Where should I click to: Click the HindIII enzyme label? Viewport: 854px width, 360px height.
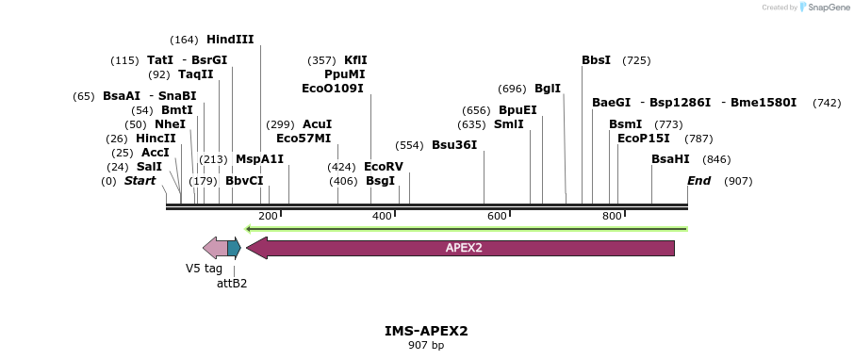click(230, 40)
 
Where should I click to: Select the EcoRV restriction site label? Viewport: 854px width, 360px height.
click(384, 167)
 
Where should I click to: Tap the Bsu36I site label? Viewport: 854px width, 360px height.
click(454, 145)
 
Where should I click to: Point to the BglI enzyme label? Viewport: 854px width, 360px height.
click(548, 89)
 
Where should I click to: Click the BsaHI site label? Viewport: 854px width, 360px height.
click(670, 159)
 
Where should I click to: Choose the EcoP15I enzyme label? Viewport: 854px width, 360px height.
click(644, 139)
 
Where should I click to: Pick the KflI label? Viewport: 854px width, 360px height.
click(355, 60)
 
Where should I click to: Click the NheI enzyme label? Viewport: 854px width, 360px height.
click(170, 124)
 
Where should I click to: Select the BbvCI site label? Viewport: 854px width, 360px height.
click(244, 181)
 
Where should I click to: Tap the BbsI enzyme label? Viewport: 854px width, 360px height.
click(596, 60)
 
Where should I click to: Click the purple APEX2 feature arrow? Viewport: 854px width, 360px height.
click(461, 248)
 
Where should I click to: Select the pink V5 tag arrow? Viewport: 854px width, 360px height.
click(215, 248)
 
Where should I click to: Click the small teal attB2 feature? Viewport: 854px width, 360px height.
click(234, 248)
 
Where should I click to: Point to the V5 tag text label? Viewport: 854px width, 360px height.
click(204, 269)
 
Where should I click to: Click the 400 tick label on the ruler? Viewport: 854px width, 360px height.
click(382, 216)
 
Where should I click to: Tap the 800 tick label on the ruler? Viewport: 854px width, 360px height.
click(612, 216)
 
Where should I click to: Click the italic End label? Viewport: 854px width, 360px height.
click(699, 181)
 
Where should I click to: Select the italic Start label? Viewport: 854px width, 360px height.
click(140, 181)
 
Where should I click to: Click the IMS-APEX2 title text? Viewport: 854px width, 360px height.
click(426, 331)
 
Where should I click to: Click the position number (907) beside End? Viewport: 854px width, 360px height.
click(738, 181)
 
